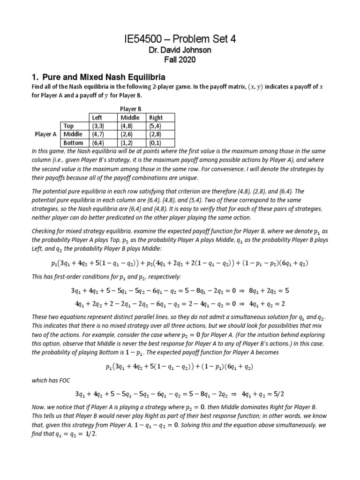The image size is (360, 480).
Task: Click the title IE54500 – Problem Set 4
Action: point(180,39)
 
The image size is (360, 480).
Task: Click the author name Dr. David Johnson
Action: point(180,51)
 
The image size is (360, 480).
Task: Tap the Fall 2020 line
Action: point(180,60)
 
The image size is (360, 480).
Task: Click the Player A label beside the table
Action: point(46,134)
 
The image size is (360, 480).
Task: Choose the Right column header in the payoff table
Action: point(156,118)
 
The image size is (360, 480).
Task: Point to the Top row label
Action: point(69,126)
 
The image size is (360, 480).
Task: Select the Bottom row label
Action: point(73,142)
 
